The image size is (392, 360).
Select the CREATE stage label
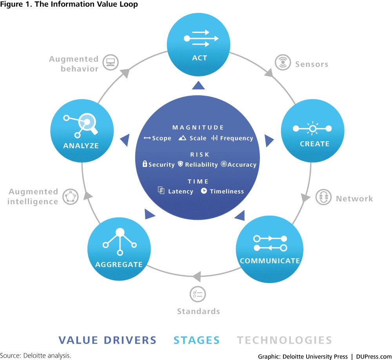(314, 144)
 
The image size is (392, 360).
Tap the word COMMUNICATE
(270, 261)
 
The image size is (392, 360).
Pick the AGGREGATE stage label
(119, 264)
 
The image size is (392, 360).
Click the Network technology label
(354, 199)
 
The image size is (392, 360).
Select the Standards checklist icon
(198, 294)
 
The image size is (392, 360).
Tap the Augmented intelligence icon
(71, 196)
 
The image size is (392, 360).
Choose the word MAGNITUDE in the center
(198, 127)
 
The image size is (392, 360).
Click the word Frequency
(236, 138)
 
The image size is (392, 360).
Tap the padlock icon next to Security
(145, 164)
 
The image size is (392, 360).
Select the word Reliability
(201, 165)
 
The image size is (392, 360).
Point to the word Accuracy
(242, 165)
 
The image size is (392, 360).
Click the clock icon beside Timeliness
(204, 191)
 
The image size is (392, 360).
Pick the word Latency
(180, 191)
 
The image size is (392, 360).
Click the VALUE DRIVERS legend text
(107, 340)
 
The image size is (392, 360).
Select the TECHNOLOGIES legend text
(284, 340)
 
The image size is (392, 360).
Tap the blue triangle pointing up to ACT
(198, 85)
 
